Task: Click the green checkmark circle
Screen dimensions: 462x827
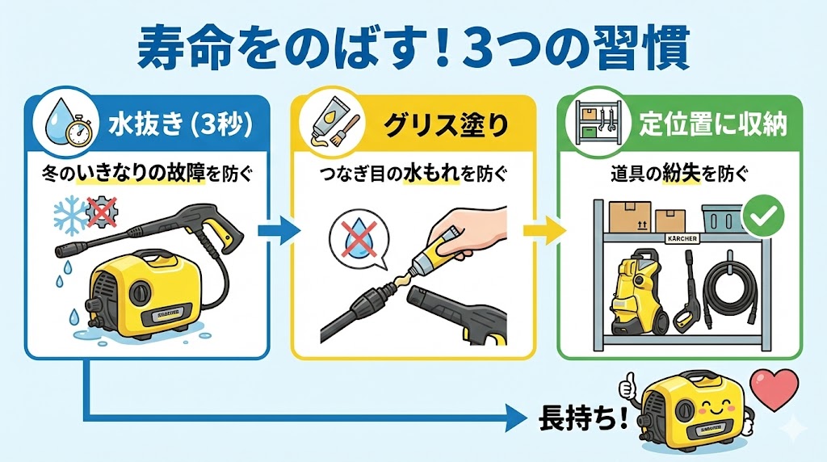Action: point(763,215)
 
